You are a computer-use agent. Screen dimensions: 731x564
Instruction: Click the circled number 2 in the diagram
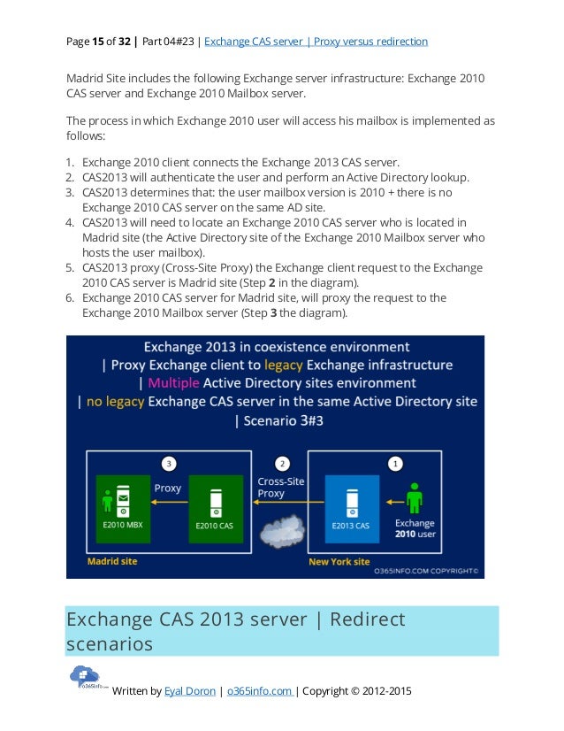(x=282, y=463)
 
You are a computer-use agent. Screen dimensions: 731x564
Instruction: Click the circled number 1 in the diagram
(x=395, y=462)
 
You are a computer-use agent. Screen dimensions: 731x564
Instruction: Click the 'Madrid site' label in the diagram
(x=112, y=561)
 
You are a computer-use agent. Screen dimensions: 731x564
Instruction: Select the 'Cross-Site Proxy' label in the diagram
(x=281, y=488)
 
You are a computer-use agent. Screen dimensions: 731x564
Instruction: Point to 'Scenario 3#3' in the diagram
(x=275, y=421)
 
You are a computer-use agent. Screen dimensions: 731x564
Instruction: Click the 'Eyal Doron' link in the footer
(x=189, y=691)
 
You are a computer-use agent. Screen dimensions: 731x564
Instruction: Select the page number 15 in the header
(x=100, y=42)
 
